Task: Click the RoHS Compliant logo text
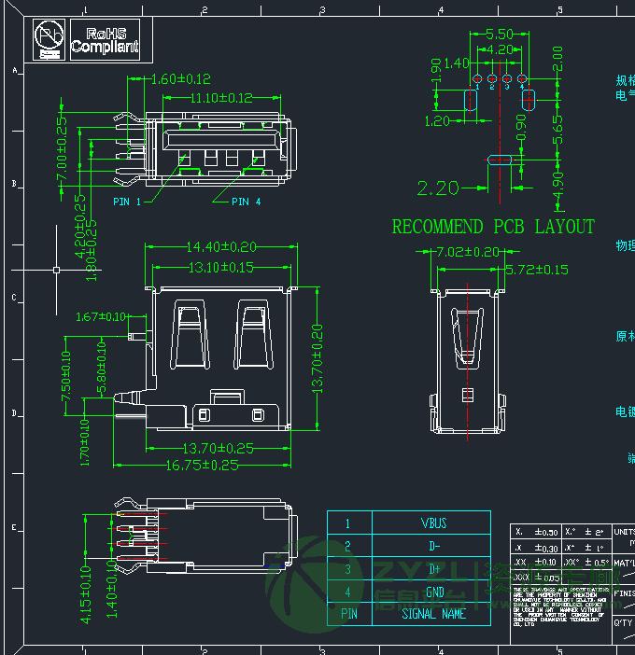pos(104,40)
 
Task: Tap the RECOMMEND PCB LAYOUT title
pos(493,227)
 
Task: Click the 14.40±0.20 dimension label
pos(221,247)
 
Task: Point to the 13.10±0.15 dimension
pos(221,268)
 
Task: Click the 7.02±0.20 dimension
pos(467,252)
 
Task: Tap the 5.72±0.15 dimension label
pos(536,270)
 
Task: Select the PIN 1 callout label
pos(127,202)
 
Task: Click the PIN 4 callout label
pos(246,202)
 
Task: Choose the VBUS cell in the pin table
pos(434,524)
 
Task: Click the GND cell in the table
pos(434,592)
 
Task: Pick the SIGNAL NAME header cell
pos(434,614)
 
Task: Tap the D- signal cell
pos(434,547)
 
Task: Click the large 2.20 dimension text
pos(438,188)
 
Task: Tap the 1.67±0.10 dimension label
pos(101,317)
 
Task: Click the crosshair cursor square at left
pos(56,270)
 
